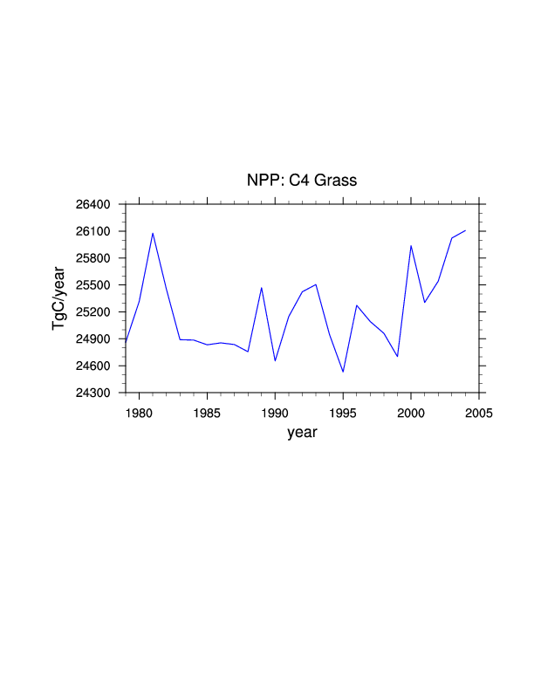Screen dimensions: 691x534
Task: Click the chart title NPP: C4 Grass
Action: [x=302, y=181]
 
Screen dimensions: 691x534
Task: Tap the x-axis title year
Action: [x=302, y=432]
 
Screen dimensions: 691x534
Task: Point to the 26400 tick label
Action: [x=92, y=205]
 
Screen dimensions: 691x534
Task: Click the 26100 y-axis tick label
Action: [x=92, y=232]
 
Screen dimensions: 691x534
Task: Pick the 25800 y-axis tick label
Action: [x=92, y=259]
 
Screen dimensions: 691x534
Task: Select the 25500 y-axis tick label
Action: [x=92, y=285]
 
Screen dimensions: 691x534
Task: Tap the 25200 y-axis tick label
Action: [x=92, y=312]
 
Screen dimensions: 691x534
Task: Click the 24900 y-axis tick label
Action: [x=92, y=339]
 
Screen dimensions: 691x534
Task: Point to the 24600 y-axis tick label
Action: [x=92, y=366]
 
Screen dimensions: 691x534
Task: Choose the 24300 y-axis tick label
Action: [x=92, y=393]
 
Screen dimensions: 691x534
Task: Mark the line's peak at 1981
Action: [x=153, y=233]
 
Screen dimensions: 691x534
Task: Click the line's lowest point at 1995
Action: [x=343, y=372]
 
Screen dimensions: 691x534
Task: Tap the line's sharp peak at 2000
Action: [x=411, y=246]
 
